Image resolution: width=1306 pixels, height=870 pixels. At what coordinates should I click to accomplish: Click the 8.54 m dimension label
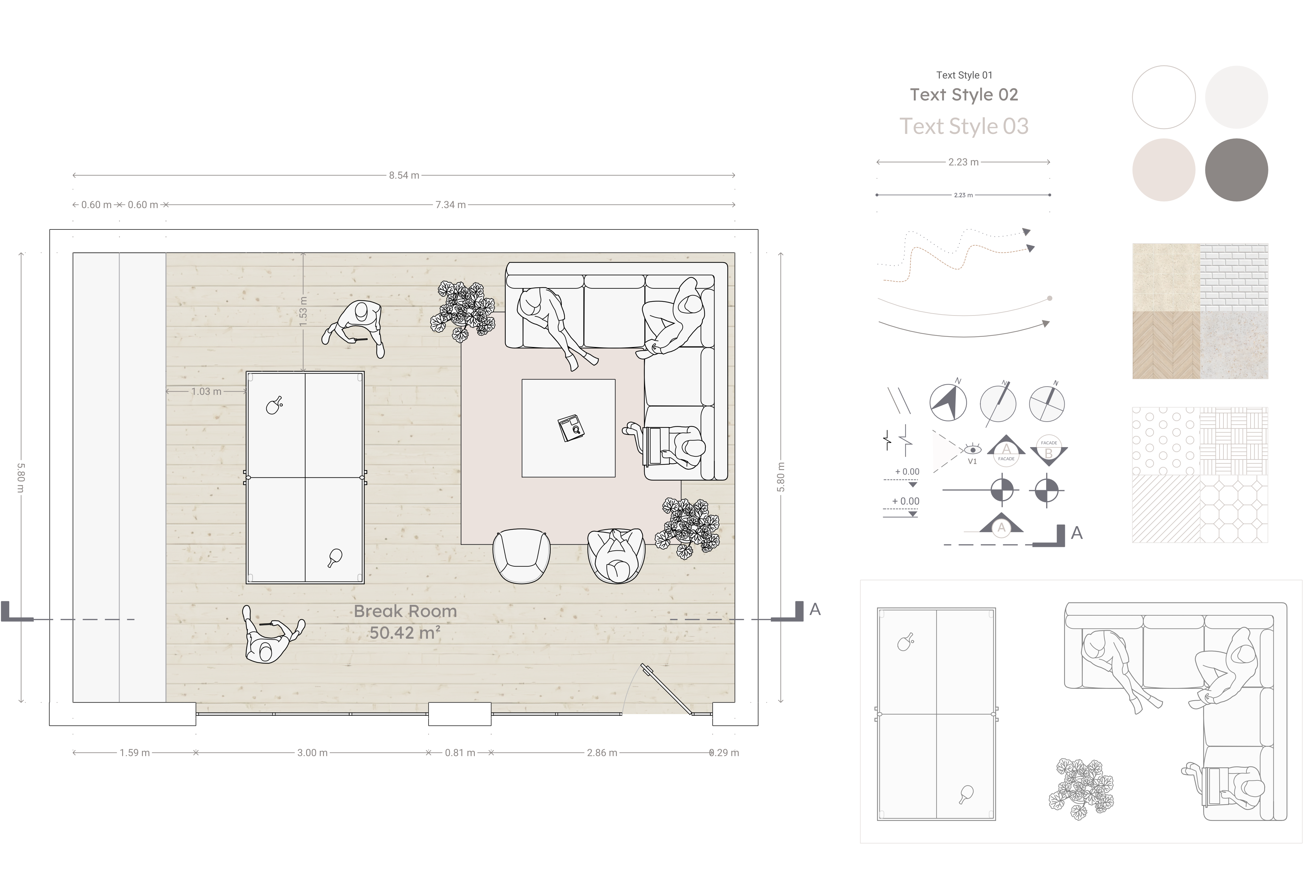point(404,175)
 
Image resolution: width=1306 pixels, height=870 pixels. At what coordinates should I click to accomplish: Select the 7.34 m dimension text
point(450,205)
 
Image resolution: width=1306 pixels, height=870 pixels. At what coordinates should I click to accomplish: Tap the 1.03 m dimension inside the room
point(206,392)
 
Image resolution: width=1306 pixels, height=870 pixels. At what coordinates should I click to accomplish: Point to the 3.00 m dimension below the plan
point(312,753)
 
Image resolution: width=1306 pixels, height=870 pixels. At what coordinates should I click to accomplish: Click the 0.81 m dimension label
point(459,753)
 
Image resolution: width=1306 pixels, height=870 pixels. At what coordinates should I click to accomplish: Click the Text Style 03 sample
point(964,127)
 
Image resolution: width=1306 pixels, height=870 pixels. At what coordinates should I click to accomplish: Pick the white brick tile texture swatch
point(1234,277)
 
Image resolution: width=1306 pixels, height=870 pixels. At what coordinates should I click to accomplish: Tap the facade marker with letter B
point(1048,451)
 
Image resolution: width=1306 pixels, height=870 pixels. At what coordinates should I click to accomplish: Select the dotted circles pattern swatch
point(1166,441)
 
